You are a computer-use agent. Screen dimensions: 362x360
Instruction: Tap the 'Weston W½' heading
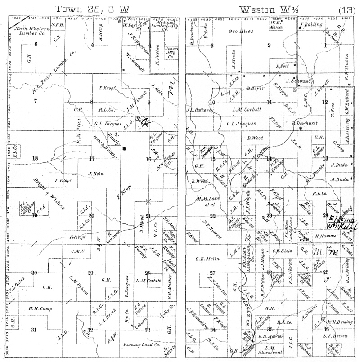pos(269,9)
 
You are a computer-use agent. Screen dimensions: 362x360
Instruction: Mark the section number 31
pos(33,330)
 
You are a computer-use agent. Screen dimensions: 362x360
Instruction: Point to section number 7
pos(35,101)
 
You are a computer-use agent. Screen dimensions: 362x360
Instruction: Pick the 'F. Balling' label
pos(310,25)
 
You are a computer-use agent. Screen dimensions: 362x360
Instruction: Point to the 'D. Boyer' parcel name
pos(255,88)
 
